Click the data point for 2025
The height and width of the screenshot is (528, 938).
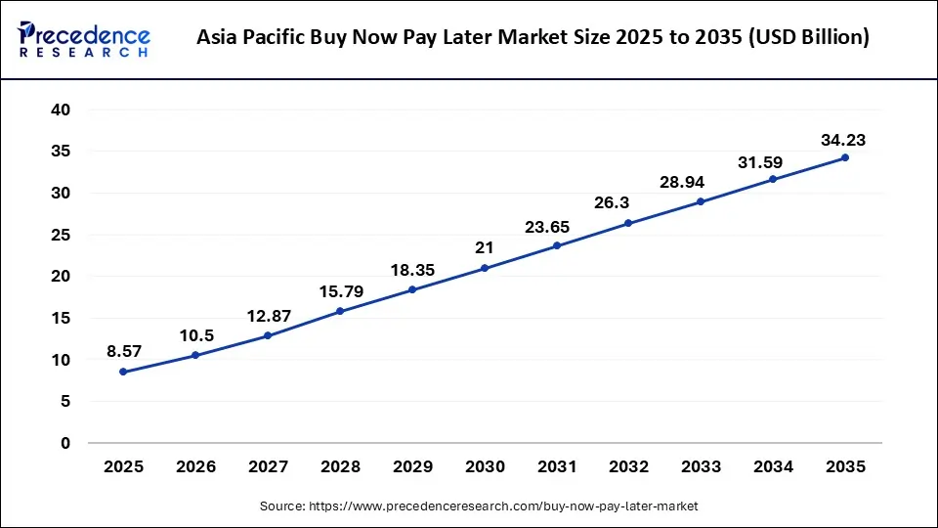pos(123,372)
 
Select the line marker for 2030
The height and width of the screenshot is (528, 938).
pos(485,268)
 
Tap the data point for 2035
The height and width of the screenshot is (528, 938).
pos(845,157)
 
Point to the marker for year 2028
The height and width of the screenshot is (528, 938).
pos(340,311)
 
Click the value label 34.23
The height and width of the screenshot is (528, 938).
pos(843,141)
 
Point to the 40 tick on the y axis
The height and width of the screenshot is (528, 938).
pos(61,110)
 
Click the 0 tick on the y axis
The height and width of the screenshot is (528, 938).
pos(64,443)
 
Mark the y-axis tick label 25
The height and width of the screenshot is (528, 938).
pos(61,235)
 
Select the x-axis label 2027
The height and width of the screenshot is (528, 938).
pos(268,467)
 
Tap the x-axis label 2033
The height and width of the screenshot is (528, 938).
pos(701,467)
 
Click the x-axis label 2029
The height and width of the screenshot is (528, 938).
pos(412,467)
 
